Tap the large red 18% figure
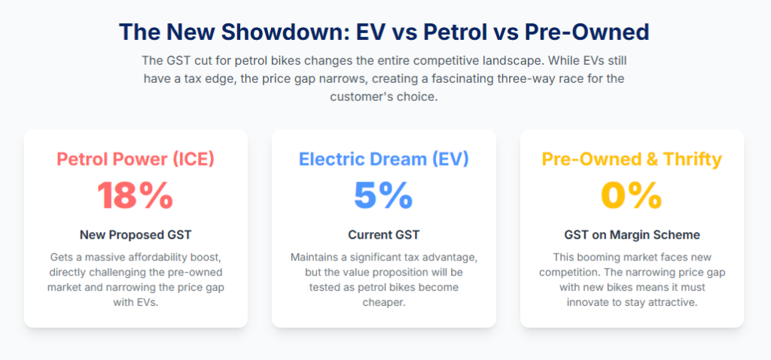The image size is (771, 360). point(136,197)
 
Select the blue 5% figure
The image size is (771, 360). point(383,197)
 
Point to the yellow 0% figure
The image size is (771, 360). point(632,197)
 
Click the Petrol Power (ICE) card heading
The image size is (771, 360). point(136,160)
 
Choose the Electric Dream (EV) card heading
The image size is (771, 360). point(383,160)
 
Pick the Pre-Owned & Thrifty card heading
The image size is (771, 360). point(632,160)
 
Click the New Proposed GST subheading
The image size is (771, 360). point(136,235)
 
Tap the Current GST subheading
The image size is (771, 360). point(383,235)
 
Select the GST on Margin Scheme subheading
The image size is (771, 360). point(632,235)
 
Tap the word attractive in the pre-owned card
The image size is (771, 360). point(674,303)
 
